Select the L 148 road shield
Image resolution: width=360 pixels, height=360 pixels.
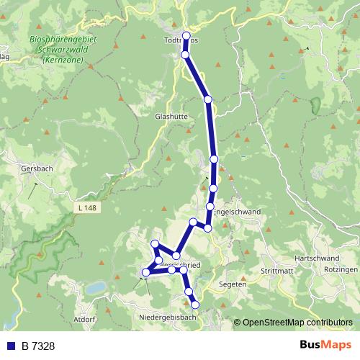coord(84,208)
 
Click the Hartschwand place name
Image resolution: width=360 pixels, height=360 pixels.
coord(317,258)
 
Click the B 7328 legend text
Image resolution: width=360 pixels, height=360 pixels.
coord(38,346)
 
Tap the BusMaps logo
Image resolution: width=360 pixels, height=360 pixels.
coord(325,346)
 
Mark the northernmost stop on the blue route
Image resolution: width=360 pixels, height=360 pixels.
coord(186,35)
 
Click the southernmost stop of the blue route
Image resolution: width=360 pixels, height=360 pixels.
coord(194,305)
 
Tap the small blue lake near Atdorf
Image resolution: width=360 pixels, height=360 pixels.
coord(95,288)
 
